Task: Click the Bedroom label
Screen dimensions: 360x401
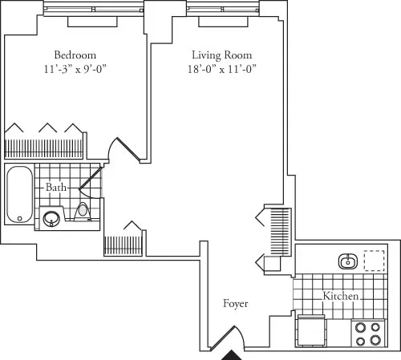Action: (x=76, y=55)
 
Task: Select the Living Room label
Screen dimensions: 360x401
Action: (x=221, y=55)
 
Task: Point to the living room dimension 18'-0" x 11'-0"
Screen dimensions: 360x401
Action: (x=221, y=69)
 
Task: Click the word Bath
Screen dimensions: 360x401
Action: (x=55, y=187)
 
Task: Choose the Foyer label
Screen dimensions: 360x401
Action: (x=236, y=305)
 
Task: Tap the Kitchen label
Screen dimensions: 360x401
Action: (x=341, y=297)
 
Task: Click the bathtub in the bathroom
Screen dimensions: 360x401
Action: (x=18, y=194)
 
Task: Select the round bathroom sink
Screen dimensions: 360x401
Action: (x=52, y=216)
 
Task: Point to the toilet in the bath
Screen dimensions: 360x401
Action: (x=82, y=211)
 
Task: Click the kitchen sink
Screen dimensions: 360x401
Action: (x=348, y=261)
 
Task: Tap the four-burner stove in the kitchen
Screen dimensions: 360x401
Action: (x=367, y=334)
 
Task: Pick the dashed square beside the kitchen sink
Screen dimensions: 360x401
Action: (x=374, y=261)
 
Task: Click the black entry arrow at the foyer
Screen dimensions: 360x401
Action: (x=232, y=354)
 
